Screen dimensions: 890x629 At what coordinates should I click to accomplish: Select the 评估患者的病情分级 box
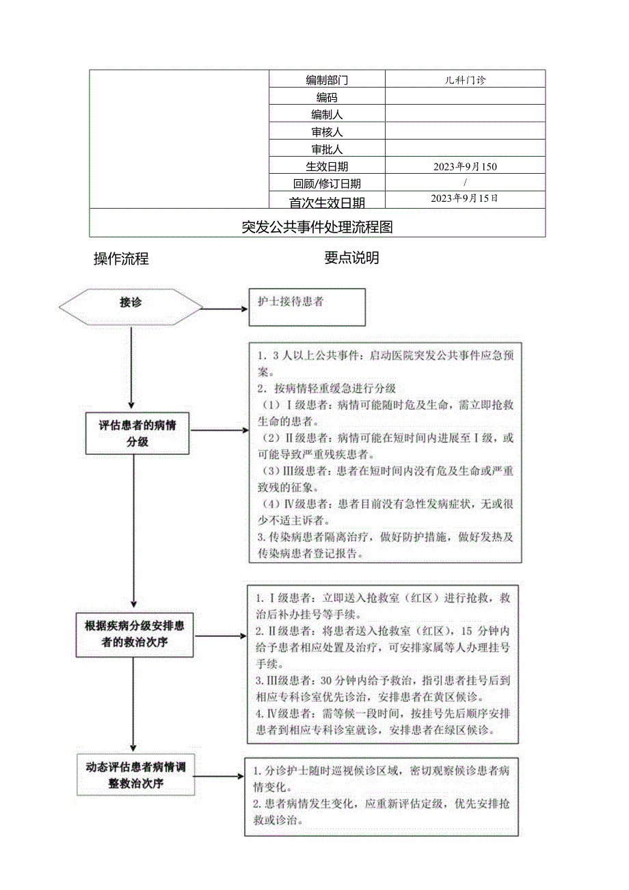pos(137,434)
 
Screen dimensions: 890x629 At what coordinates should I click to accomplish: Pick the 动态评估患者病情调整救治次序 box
pos(135,775)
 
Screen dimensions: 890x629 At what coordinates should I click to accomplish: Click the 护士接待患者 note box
pos(307,306)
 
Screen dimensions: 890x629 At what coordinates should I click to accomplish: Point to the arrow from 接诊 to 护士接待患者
pos(226,308)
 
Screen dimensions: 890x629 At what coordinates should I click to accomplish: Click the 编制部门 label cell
pos(327,79)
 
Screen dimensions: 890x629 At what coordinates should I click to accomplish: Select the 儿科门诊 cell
pos(465,79)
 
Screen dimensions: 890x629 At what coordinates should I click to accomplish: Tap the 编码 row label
pos(327,97)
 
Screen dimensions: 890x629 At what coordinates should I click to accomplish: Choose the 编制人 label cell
pos(327,114)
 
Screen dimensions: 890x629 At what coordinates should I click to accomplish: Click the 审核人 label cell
pos(327,131)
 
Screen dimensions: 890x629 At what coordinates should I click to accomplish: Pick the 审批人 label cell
pos(327,148)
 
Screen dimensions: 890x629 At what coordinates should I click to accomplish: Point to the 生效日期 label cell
pos(327,166)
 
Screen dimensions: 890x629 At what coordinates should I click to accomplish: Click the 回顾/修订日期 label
pos(327,183)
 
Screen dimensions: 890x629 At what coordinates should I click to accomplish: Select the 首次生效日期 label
pos(327,202)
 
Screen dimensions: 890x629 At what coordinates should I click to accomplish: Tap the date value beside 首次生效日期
pos(465,198)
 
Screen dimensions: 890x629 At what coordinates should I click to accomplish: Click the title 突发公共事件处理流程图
pos(317,226)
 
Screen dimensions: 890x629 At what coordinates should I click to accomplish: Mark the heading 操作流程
pos(121,259)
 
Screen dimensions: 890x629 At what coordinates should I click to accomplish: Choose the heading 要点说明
pos(351,258)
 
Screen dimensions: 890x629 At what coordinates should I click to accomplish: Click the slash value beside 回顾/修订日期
pos(465,182)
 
